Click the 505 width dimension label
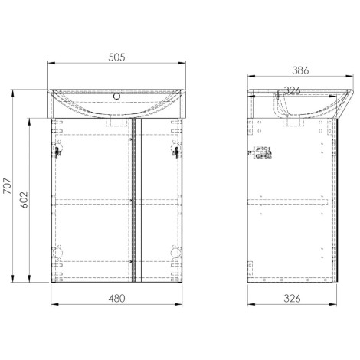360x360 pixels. [x=116, y=57]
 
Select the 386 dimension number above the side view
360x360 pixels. [x=300, y=70]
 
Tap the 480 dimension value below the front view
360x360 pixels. [x=116, y=299]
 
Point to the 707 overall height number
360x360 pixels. [x=8, y=185]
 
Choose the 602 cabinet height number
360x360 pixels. [x=24, y=200]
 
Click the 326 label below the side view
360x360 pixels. [x=292, y=299]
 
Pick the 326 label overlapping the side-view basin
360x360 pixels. [x=292, y=90]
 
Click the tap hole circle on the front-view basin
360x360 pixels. [x=116, y=97]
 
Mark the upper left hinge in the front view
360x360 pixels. [x=57, y=150]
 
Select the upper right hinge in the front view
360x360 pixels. [x=175, y=151]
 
